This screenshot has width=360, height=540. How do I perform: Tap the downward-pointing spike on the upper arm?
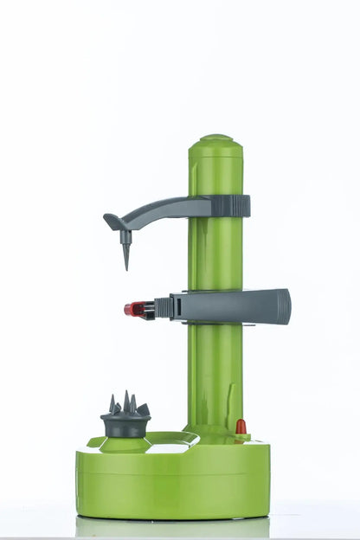[125, 252]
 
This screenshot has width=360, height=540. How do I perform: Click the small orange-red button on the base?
[241, 427]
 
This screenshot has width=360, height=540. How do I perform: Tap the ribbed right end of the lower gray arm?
[279, 306]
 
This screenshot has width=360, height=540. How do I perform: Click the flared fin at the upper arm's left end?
[113, 222]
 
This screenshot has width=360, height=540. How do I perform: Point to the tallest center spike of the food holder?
[125, 401]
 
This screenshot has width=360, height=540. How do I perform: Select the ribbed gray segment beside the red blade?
[163, 308]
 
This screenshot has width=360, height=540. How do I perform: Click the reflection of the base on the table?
[173, 527]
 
